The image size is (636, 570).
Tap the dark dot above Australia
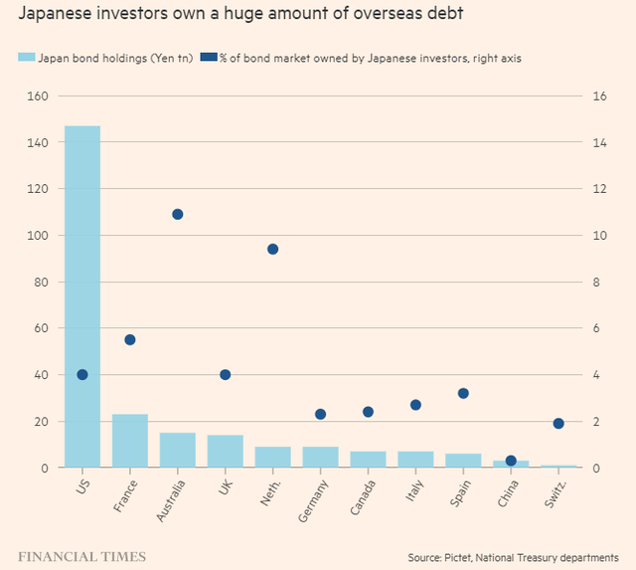[178, 214]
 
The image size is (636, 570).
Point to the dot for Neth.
[272, 249]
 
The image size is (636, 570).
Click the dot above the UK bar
[225, 375]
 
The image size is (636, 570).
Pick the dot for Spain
[463, 393]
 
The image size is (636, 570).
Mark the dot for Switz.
[558, 424]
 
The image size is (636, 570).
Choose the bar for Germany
[320, 457]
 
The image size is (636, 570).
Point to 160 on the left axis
[39, 96]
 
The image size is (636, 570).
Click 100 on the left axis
[39, 236]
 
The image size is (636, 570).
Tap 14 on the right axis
[599, 143]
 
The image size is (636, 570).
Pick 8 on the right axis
[596, 283]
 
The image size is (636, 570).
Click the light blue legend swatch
[26, 58]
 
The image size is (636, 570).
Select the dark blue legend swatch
[208, 58]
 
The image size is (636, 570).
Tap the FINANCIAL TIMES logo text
[81, 555]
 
